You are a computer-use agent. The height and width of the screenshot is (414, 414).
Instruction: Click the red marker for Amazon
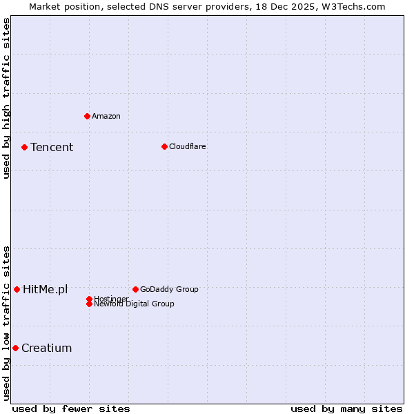coord(87,116)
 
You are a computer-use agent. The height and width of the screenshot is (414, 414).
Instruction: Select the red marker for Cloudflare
coord(164,146)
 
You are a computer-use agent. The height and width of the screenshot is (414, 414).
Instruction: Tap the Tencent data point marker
coord(24,147)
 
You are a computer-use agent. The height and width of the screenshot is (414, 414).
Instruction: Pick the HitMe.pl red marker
coord(17,289)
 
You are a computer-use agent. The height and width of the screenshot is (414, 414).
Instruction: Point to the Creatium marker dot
coord(15,348)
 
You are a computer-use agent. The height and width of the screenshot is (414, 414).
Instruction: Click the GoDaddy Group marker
coord(135,289)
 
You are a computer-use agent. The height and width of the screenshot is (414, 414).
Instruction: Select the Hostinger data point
coord(89,299)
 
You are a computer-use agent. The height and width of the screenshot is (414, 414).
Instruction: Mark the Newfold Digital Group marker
coord(89,304)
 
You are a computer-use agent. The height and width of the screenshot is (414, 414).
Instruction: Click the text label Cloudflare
coord(187,146)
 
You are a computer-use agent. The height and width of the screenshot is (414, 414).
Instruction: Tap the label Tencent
coord(52,147)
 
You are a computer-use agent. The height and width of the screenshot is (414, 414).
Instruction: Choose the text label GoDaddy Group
coord(169,289)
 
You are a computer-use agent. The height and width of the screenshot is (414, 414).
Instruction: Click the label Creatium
coord(46,348)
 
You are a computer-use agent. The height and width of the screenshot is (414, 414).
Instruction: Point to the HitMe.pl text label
coord(45,289)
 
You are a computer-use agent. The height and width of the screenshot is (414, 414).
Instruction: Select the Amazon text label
coord(106,116)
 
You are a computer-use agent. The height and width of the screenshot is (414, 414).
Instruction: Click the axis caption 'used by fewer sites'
coord(71,408)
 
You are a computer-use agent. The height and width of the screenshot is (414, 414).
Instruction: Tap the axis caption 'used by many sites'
coord(346,408)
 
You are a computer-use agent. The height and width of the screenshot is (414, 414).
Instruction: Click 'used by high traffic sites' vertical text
coord(6,98)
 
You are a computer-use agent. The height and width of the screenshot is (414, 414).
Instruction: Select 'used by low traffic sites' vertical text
coord(6,322)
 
